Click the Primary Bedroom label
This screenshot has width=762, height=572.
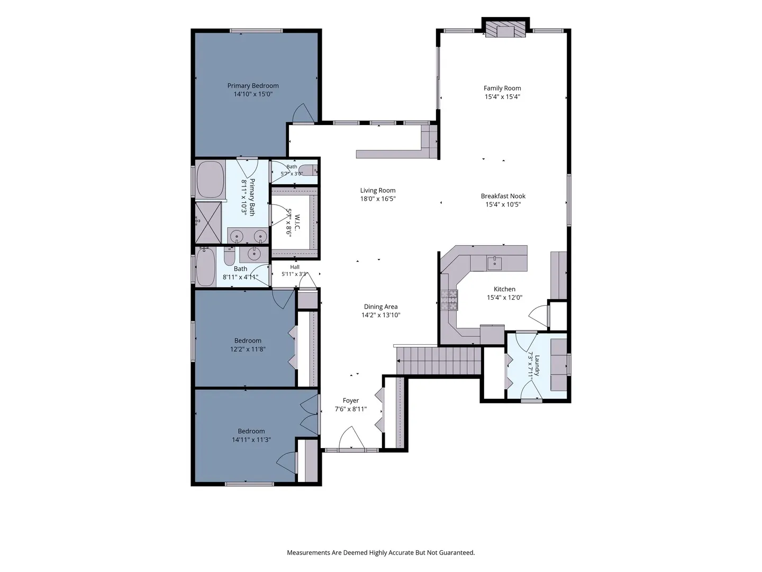coord(253,85)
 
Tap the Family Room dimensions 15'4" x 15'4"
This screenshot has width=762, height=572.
coord(502,96)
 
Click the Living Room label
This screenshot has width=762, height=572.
coord(378,190)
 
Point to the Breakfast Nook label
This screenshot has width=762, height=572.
coord(503,196)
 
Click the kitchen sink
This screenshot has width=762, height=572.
coord(494,264)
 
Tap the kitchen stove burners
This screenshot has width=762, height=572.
coord(449,300)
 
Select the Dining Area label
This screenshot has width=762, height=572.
coord(380,307)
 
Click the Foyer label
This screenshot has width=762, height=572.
coord(351,400)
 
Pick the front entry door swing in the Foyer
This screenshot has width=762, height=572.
coord(351,437)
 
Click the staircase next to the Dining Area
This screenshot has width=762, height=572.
coord(439,361)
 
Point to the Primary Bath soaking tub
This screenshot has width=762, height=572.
coord(210,179)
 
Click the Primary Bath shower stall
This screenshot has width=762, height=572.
coord(208,222)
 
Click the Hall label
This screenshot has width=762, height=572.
coord(295,267)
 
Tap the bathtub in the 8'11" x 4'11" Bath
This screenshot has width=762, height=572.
coord(206,267)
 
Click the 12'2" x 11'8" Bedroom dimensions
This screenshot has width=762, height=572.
coord(248,349)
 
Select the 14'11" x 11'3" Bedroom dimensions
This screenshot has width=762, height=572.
coord(251,440)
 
